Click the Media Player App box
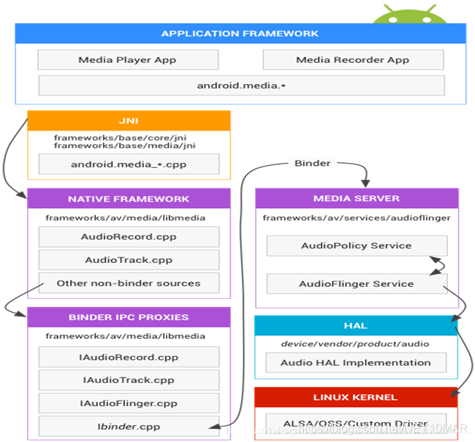[127, 60]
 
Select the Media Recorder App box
[353, 60]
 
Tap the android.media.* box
[241, 85]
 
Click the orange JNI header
[129, 121]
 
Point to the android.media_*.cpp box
[129, 164]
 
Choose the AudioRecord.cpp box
[129, 237]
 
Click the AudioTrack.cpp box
[129, 260]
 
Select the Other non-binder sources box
[129, 283]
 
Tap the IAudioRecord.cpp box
[129, 357]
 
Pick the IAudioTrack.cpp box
[129, 380]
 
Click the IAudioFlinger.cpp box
[129, 403]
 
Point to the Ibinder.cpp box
[129, 427]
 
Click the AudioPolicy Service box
[357, 245]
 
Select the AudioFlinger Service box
[357, 283]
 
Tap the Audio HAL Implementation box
[357, 362]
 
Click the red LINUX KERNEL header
[356, 397]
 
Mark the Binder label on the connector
[312, 163]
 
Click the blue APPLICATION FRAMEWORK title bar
[240, 33]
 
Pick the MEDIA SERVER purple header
[357, 199]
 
